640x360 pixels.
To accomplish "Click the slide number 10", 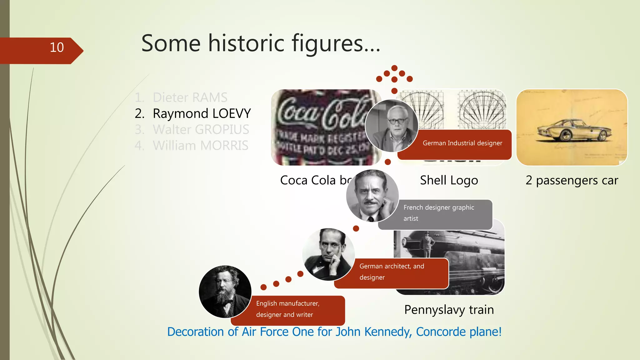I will (x=57, y=47).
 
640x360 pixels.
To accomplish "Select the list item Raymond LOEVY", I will (x=202, y=113).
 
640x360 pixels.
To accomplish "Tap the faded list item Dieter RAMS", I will (x=190, y=97).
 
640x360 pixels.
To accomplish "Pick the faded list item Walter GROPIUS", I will (x=201, y=129).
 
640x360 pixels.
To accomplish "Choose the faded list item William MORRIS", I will (x=200, y=146).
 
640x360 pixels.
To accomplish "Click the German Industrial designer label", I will (x=462, y=143).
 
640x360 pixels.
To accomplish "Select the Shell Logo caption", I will (x=449, y=180).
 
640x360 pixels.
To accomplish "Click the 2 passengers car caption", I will (x=572, y=180).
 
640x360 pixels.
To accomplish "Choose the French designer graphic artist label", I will (x=439, y=213).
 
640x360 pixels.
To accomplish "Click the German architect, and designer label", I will (x=392, y=272).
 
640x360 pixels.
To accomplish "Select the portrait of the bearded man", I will (x=225, y=292).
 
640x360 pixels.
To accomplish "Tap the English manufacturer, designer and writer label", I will (x=287, y=309).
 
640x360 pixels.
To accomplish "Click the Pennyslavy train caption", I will (x=449, y=310).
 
